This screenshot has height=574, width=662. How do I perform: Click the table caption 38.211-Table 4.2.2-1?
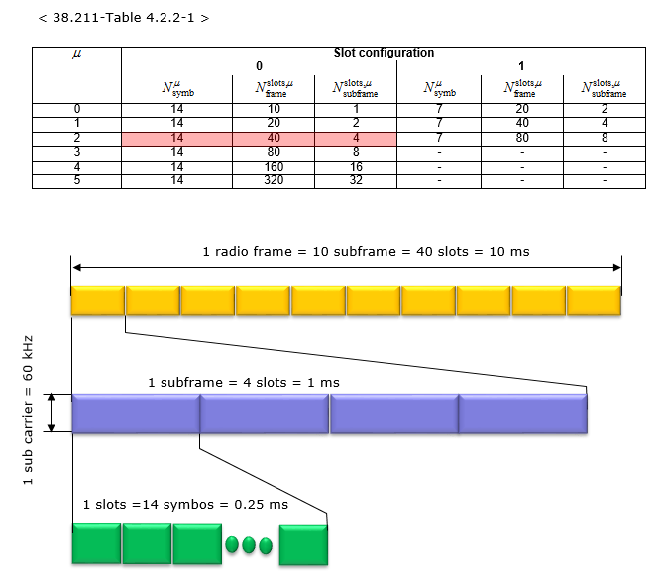tap(123, 18)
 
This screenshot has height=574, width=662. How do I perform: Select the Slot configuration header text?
tap(384, 53)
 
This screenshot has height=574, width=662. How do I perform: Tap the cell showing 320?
tap(274, 180)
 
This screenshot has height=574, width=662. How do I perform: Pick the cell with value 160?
tap(274, 167)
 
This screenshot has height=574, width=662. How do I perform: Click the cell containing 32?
tap(356, 180)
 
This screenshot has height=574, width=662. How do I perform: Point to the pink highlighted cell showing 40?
tap(274, 138)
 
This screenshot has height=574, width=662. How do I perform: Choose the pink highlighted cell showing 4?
tap(356, 138)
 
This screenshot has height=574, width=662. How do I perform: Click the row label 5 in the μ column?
tap(77, 180)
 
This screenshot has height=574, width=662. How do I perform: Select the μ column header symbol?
tap(77, 54)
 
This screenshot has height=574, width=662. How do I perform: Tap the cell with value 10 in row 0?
tap(274, 109)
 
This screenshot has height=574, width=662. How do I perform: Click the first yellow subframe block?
tap(98, 300)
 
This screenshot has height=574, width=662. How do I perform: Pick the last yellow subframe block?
tap(594, 300)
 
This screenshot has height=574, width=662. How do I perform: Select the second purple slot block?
tap(265, 413)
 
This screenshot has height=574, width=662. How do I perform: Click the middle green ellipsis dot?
tap(249, 545)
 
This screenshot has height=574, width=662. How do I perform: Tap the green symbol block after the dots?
tap(303, 545)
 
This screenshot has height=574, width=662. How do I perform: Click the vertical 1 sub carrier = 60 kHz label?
tap(28, 410)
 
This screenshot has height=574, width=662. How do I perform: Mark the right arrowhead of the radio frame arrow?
tap(617, 267)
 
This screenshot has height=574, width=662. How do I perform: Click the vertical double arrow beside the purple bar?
tap(52, 412)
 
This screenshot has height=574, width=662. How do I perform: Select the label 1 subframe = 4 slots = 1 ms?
tap(244, 383)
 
